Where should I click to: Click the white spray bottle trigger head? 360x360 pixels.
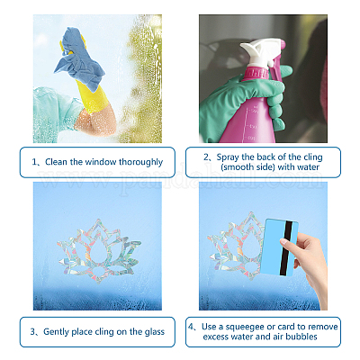pos(261,51)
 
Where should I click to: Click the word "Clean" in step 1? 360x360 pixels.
pos(57,162)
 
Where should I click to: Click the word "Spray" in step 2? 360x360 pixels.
pos(228,157)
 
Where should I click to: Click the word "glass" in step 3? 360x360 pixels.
pos(155,332)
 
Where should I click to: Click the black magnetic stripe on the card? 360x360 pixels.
pos(285,247)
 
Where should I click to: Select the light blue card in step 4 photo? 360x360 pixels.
pos(279,247)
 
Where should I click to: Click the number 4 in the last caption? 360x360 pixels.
pos(191,327)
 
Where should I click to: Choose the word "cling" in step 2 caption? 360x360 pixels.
pos(313,157)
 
